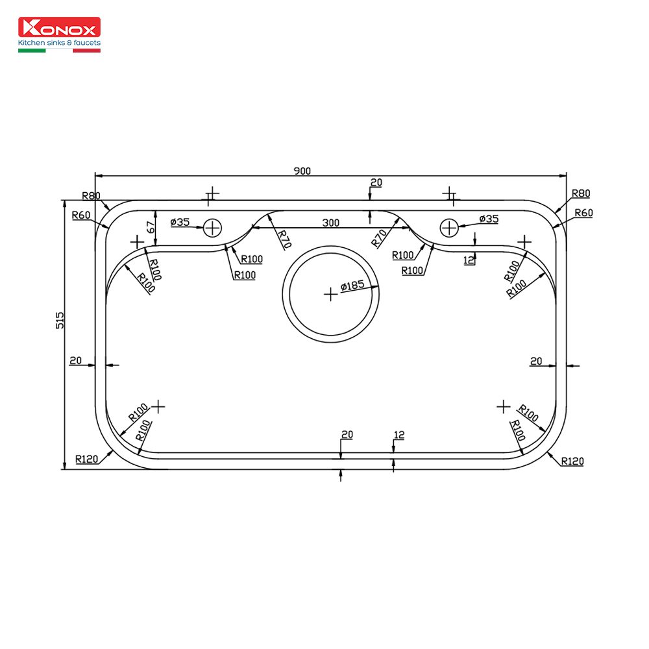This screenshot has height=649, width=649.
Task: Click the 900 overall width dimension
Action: point(302,171)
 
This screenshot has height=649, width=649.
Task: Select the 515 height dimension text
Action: point(60,321)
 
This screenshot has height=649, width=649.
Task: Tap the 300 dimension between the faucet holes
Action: point(330,223)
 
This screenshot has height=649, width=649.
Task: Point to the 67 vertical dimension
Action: point(150,227)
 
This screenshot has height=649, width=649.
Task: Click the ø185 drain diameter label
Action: point(351,286)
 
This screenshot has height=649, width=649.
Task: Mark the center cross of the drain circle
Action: point(331,294)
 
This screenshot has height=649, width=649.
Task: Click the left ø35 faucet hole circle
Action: point(212,228)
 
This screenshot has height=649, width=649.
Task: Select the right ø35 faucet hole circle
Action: point(449,228)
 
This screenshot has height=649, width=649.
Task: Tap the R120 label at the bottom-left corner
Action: point(86,459)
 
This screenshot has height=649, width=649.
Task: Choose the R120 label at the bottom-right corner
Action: point(572,461)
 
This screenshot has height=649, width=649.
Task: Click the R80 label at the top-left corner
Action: point(92,195)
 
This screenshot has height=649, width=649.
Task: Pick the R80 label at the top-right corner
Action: point(581,193)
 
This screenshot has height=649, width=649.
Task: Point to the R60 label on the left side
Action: point(81,215)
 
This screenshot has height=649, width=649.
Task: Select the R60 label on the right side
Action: point(583,213)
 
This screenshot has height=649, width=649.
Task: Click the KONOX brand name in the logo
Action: point(59,29)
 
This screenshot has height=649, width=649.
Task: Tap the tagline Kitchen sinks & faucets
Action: point(59,43)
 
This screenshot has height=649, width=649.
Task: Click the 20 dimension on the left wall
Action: point(76,360)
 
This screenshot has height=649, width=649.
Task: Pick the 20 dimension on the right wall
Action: point(536,360)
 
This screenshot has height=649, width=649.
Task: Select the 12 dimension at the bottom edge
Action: point(398,434)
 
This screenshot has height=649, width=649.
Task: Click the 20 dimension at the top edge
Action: point(376,182)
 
